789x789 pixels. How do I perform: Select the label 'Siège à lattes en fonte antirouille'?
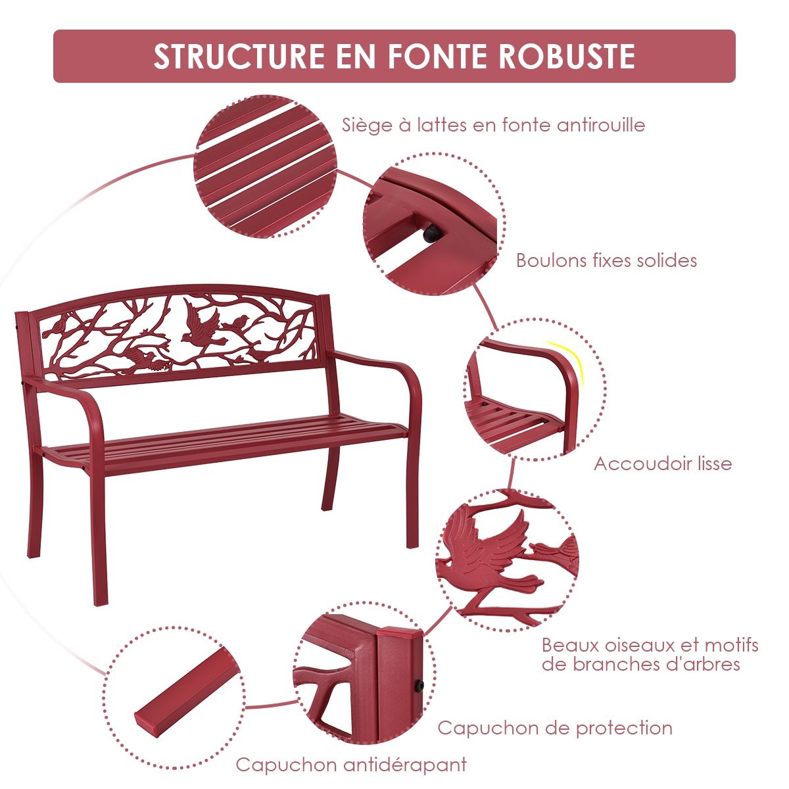click(493, 125)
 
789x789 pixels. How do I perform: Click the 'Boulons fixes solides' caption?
click(606, 260)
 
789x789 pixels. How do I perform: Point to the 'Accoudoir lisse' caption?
click(662, 464)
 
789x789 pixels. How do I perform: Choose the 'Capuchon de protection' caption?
click(554, 728)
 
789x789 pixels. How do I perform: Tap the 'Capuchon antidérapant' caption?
click(351, 765)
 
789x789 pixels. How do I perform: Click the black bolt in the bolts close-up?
click(433, 234)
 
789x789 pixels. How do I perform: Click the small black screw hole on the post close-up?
click(417, 686)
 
